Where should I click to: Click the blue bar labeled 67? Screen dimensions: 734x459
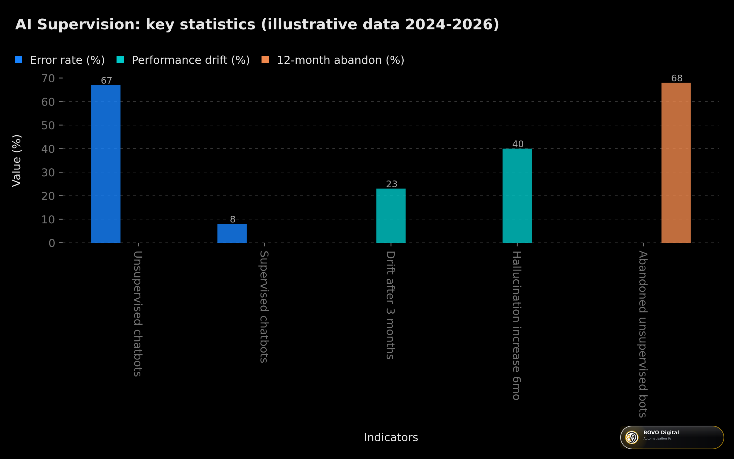(106, 164)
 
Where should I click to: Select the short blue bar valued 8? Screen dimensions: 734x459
(232, 233)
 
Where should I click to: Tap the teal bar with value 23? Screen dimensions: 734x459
(391, 216)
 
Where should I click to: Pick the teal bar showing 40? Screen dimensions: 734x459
(517, 196)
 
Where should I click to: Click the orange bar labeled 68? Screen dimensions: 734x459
(676, 163)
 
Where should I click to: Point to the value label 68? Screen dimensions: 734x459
(677, 78)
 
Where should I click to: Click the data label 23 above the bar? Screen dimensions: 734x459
(391, 184)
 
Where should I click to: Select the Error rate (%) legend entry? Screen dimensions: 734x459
(60, 60)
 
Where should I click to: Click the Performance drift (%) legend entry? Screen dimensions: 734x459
(183, 60)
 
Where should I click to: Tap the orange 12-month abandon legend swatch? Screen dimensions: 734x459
(265, 60)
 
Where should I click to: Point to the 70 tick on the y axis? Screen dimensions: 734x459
(48, 78)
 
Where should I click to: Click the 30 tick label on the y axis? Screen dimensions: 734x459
(48, 173)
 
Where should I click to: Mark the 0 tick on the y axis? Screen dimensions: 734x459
(52, 243)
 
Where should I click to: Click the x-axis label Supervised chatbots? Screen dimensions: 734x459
(264, 307)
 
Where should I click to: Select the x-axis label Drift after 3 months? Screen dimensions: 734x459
(390, 305)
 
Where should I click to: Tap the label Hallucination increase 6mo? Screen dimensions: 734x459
(517, 326)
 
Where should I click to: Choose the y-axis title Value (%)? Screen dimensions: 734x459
(17, 161)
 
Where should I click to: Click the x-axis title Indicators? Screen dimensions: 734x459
(391, 437)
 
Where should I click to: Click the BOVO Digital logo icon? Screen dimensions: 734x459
(632, 437)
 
